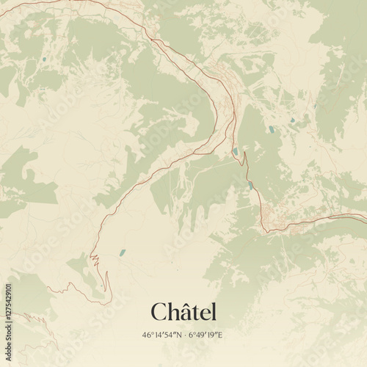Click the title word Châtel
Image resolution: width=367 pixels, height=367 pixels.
coord(183,312)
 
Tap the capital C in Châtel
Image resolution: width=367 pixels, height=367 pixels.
coord(159,312)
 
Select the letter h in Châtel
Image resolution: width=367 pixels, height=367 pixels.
coord(171,311)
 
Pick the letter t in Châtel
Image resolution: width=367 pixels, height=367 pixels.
coord(193,313)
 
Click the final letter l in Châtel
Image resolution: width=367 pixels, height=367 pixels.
coord(214,311)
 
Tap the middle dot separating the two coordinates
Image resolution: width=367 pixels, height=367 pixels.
coord(183,335)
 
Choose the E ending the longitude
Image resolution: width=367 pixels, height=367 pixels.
coord(220,335)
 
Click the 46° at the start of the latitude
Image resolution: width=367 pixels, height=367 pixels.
coord(148,335)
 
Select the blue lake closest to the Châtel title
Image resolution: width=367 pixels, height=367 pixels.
coord(122,252)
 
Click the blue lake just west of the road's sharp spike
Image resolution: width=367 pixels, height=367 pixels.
coord(236,152)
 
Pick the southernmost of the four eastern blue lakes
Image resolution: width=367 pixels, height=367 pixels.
coord(250,185)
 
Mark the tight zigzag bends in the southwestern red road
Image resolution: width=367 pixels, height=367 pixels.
coord(93,258)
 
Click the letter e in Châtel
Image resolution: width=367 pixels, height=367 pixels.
coord(203,313)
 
